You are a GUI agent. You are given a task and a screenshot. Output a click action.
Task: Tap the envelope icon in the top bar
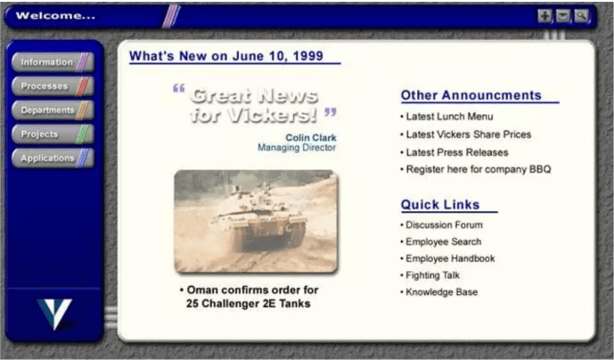click(x=563, y=15)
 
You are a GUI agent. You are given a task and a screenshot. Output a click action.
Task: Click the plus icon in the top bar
click(x=545, y=15)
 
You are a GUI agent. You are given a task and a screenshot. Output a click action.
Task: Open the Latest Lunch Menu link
click(x=449, y=117)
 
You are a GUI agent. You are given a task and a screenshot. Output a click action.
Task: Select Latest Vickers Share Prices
click(x=468, y=135)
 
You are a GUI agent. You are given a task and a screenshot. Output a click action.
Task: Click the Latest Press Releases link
click(x=457, y=152)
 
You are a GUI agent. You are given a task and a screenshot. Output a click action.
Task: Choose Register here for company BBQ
click(x=478, y=169)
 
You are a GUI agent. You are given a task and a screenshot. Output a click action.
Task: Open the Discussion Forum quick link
click(x=444, y=225)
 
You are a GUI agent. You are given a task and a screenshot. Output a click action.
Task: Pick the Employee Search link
click(x=443, y=242)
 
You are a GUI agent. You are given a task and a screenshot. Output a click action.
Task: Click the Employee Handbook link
click(x=449, y=259)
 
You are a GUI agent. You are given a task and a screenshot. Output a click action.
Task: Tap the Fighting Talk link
click(x=432, y=276)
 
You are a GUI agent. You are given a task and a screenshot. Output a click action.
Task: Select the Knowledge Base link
click(x=441, y=292)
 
